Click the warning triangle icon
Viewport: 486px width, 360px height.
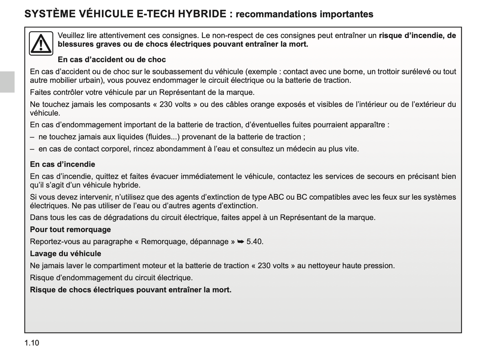[x=41, y=43]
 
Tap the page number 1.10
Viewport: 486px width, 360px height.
[x=32, y=343]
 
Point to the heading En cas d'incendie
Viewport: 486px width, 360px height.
[x=63, y=165]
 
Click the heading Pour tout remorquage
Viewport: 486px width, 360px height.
[x=70, y=230]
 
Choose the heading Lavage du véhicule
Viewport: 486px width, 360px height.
[x=66, y=254]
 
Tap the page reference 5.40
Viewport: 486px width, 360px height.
[x=255, y=242]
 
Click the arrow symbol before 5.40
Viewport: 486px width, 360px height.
[x=240, y=242]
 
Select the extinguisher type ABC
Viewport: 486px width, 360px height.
[x=276, y=197]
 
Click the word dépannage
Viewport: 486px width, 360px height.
[x=209, y=242]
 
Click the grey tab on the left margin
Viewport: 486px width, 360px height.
[x=7, y=82]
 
